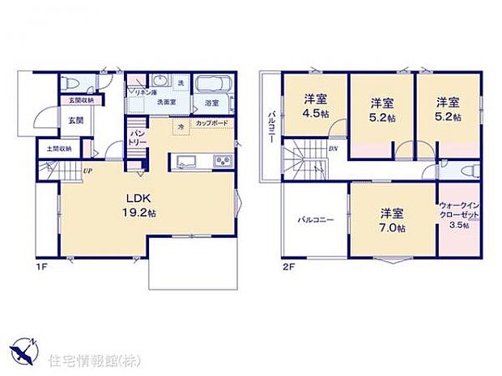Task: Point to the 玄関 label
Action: pyautogui.click(x=75, y=120)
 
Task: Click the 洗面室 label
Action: pyautogui.click(x=167, y=103)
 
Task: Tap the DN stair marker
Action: pyautogui.click(x=332, y=150)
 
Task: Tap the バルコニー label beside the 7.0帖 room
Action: pyautogui.click(x=311, y=219)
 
